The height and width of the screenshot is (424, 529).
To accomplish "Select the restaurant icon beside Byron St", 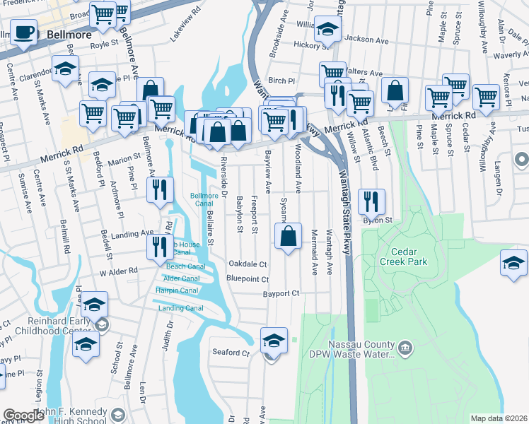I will [370, 202].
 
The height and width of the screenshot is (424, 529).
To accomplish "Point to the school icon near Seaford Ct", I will [274, 341].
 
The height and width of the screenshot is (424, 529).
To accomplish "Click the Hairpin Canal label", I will [177, 290].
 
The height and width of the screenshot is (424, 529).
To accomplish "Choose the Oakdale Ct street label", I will [248, 264].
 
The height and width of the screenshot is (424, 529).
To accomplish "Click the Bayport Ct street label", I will [281, 293].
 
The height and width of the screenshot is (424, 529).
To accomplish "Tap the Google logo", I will [24, 416].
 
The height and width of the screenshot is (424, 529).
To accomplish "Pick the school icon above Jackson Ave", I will [327, 29].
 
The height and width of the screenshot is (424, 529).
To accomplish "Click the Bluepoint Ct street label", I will [247, 278].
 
